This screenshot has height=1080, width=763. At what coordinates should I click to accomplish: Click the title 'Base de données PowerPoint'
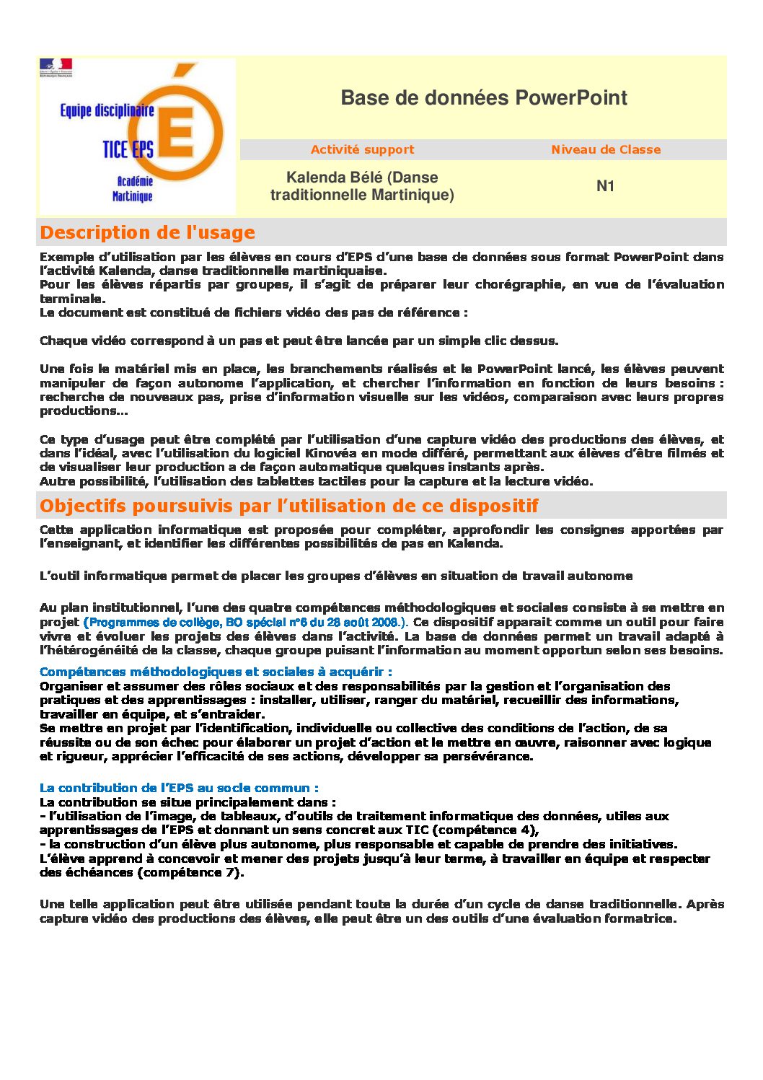click(x=484, y=98)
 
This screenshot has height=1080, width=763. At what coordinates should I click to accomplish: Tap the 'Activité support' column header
click(x=362, y=150)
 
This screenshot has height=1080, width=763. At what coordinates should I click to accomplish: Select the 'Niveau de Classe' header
click(x=606, y=150)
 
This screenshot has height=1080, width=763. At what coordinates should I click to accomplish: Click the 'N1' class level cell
click(x=605, y=186)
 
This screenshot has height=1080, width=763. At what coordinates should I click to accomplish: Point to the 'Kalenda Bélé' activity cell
click(x=362, y=186)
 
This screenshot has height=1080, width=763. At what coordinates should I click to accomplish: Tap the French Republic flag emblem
click(x=56, y=67)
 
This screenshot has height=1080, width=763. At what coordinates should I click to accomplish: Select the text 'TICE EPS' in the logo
click(x=128, y=149)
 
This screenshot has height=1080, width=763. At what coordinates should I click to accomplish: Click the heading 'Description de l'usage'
click(x=148, y=233)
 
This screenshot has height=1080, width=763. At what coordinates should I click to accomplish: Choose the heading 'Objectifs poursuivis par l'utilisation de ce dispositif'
click(x=289, y=506)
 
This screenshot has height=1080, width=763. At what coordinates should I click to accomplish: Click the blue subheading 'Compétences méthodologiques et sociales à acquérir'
click(x=216, y=672)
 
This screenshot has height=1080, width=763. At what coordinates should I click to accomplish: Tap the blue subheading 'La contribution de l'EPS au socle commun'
click(x=179, y=789)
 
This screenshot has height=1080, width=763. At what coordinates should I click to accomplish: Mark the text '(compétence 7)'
click(x=191, y=873)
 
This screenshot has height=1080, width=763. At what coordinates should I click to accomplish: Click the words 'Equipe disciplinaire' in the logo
click(x=107, y=111)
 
